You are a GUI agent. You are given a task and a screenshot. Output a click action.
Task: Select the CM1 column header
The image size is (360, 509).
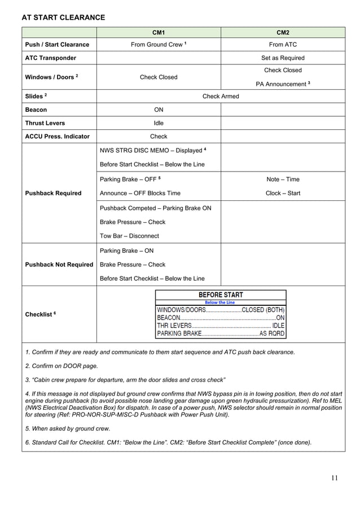tap(159, 33)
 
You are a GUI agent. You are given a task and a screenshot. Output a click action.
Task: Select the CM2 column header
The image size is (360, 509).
tap(283, 33)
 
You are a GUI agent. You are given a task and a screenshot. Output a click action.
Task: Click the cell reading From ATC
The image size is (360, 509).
tap(283, 45)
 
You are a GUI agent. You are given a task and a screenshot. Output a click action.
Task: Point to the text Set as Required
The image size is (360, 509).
tap(283, 58)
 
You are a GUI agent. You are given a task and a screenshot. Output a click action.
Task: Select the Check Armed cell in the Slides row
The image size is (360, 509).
tap(221, 96)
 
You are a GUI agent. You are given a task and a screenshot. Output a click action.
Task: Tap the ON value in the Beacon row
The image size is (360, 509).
tap(159, 110)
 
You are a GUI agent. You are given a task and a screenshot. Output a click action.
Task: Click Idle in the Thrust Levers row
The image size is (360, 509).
tap(159, 123)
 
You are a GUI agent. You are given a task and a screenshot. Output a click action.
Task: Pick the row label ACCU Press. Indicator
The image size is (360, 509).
tap(57, 137)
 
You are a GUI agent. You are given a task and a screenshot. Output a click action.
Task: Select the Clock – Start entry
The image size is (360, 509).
tap(283, 193)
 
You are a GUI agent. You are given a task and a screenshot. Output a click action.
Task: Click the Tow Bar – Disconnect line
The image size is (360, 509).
tap(129, 236)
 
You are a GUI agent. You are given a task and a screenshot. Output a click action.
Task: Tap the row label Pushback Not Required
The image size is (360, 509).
tap(59, 265)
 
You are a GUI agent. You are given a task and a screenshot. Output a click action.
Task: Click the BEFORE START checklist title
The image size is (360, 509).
tap(221, 295)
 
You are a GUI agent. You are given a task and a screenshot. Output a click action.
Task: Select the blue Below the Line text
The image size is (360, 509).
tap(220, 302)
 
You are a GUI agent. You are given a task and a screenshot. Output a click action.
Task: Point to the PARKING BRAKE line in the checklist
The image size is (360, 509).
tap(221, 334)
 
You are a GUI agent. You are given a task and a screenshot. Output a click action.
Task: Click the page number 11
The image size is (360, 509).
tap(335, 479)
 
